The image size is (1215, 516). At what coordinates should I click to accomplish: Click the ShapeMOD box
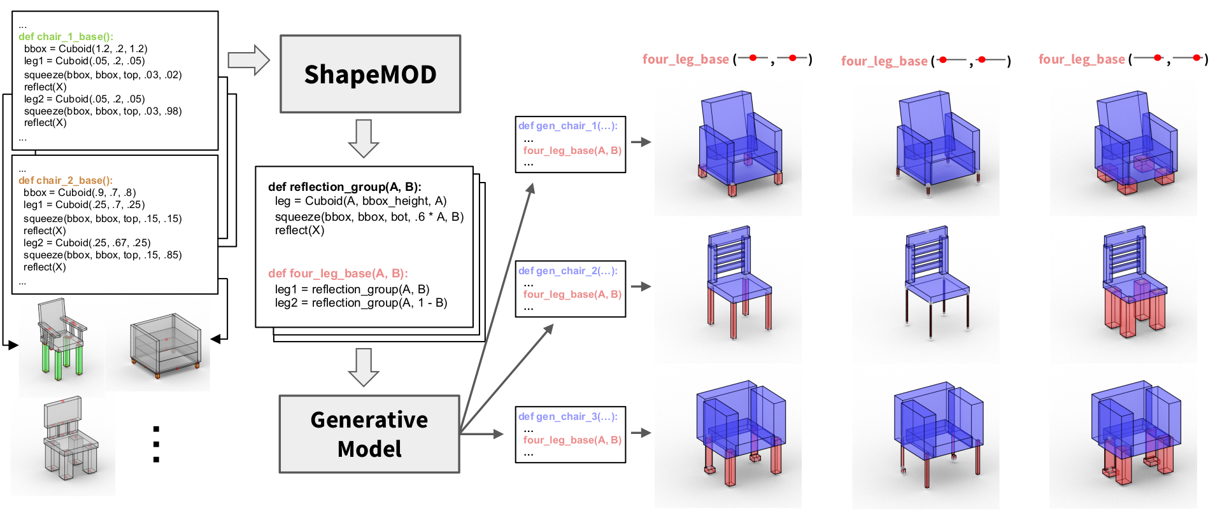[370, 74]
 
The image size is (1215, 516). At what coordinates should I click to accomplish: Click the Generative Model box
[369, 434]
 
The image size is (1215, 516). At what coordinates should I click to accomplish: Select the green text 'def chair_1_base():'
[66, 37]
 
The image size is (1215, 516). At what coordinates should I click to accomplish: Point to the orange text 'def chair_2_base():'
[65, 181]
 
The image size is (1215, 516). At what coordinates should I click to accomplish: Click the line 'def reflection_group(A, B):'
[345, 187]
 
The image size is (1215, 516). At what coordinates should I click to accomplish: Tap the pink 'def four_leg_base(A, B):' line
[338, 274]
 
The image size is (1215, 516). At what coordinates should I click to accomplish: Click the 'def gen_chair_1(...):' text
[567, 126]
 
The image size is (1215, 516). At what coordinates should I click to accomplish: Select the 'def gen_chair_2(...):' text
[567, 271]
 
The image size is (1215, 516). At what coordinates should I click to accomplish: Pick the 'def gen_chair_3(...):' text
[567, 417]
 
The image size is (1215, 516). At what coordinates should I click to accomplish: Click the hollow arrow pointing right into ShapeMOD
[249, 60]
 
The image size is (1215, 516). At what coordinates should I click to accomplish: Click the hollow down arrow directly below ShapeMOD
[364, 138]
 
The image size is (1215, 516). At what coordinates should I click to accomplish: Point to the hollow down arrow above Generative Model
[364, 367]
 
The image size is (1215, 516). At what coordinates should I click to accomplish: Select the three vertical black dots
[156, 444]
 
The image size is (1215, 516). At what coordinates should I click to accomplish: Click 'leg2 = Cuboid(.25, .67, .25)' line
[87, 243]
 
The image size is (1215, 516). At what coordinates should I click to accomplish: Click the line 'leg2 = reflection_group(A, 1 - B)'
[360, 303]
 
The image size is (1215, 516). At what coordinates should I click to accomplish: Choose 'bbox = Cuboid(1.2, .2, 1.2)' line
[85, 49]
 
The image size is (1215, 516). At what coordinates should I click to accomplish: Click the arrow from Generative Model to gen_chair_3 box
[481, 434]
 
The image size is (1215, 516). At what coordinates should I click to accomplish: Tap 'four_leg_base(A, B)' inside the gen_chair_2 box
[572, 295]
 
